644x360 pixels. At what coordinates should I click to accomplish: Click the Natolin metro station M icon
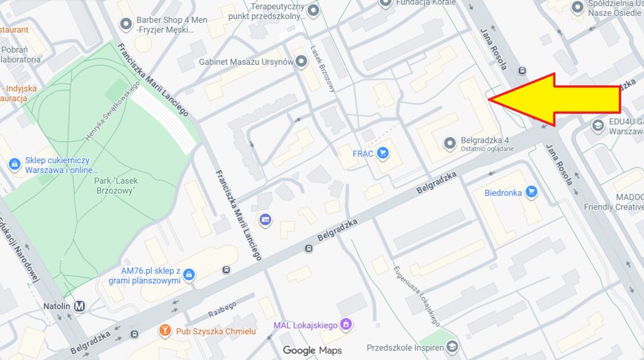pyautogui.click(x=80, y=307)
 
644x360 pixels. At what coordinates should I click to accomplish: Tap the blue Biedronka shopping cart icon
pyautogui.click(x=531, y=193)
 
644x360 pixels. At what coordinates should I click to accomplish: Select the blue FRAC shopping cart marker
pyautogui.click(x=382, y=153)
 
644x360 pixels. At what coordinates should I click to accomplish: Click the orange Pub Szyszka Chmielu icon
pyautogui.click(x=165, y=331)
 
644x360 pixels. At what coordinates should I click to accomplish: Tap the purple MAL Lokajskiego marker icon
pyautogui.click(x=345, y=325)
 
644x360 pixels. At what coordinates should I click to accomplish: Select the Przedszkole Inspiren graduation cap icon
pyautogui.click(x=452, y=347)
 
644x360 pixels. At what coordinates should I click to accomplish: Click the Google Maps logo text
pyautogui.click(x=312, y=351)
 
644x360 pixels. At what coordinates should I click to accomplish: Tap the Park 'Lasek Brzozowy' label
pyautogui.click(x=115, y=186)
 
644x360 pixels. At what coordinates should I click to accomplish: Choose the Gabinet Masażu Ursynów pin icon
pyautogui.click(x=302, y=62)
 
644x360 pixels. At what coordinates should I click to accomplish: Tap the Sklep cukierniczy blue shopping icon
pyautogui.click(x=14, y=164)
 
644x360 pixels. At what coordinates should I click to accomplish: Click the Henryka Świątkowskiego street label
pyautogui.click(x=112, y=111)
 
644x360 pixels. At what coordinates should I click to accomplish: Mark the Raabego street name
pyautogui.click(x=221, y=310)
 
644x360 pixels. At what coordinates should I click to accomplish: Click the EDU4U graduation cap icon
pyautogui.click(x=597, y=126)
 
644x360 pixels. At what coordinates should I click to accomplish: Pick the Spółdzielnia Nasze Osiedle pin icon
pyautogui.click(x=577, y=8)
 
